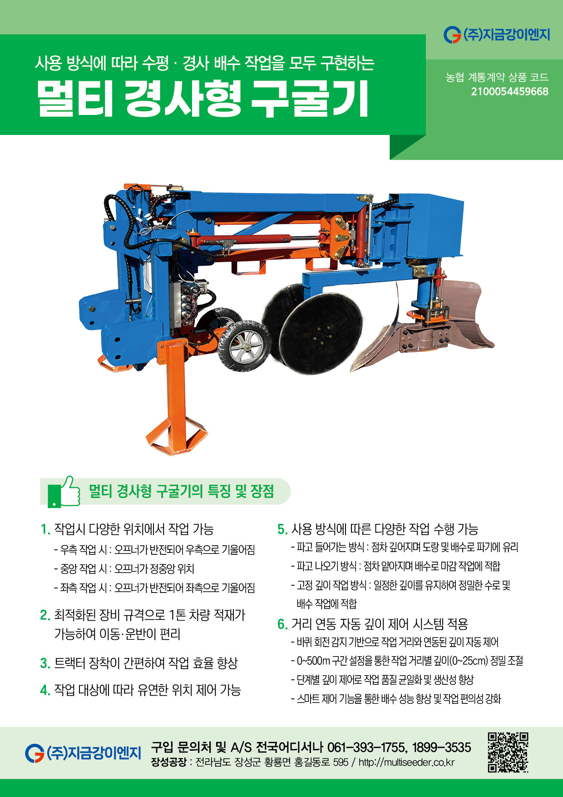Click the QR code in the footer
pyautogui.click(x=508, y=752)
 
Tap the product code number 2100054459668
pyautogui.click(x=509, y=91)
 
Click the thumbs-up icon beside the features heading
pyautogui.click(x=64, y=491)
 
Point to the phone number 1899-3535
pyautogui.click(x=442, y=747)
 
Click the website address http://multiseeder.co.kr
pyautogui.click(x=406, y=762)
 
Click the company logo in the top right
pyautogui.click(x=497, y=35)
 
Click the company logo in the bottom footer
pyautogui.click(x=83, y=752)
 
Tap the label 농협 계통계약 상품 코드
pyautogui.click(x=497, y=77)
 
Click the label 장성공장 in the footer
pyautogui.click(x=168, y=762)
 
